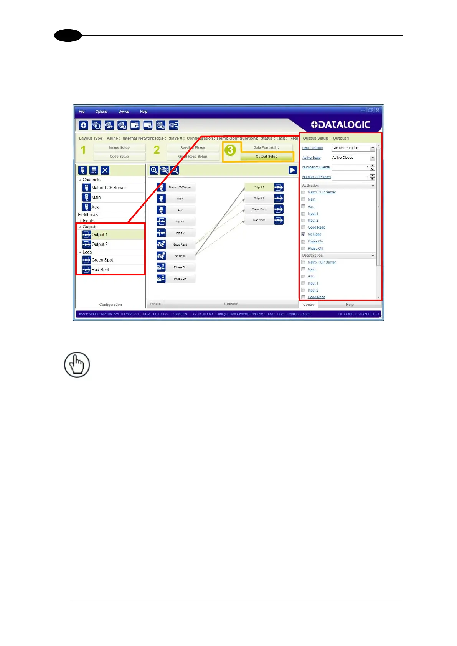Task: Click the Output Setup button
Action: point(266,157)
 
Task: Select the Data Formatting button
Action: point(266,148)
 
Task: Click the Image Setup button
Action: point(119,148)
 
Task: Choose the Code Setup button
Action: point(119,157)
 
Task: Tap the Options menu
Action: point(101,112)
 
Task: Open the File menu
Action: point(82,112)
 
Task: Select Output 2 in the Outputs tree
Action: point(99,244)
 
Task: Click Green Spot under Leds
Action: point(102,260)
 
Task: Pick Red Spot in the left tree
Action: point(100,270)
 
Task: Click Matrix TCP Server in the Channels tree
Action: point(109,188)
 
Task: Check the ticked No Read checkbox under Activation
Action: point(304,234)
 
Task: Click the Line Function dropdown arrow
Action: point(372,148)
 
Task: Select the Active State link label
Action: point(311,158)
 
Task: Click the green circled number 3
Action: point(230,150)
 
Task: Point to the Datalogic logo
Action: point(340,125)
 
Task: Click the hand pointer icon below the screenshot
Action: point(77,364)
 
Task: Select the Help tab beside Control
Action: point(350,305)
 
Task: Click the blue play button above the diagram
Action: point(293,170)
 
